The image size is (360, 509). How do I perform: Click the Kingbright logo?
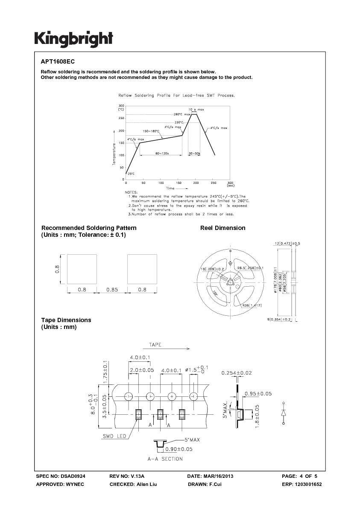(73, 39)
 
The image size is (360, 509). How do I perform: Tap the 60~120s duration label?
(162, 153)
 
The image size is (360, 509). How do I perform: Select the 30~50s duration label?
(194, 153)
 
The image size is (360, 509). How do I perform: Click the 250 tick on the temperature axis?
(121, 118)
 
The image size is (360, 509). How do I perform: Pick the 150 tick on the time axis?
(179, 183)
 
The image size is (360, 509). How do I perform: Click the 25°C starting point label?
(131, 174)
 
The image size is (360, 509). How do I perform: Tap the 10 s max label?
(196, 110)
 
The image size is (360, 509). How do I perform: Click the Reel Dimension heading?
(222, 228)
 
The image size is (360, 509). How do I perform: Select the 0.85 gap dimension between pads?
(112, 289)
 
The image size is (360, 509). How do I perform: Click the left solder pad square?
(82, 269)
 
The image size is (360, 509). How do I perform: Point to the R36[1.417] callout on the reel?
(252, 305)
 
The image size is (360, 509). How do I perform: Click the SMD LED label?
(114, 436)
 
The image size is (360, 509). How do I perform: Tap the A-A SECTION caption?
(165, 459)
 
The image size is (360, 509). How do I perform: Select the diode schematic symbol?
(283, 413)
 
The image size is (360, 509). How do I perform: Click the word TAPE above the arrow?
(155, 345)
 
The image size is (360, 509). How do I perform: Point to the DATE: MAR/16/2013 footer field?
(210, 476)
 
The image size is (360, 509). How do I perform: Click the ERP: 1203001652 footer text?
(301, 484)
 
